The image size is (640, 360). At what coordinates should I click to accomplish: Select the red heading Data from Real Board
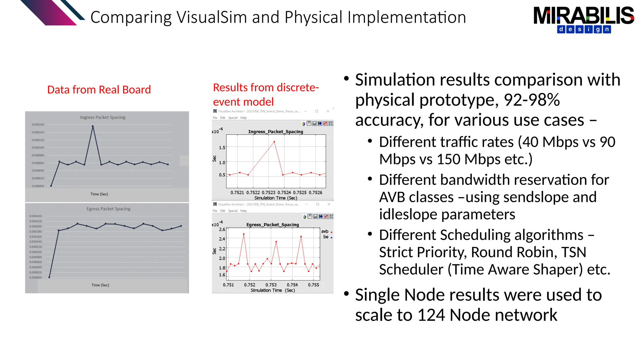[x=99, y=90]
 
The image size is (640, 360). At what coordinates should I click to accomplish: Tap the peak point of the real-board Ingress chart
[x=92, y=126]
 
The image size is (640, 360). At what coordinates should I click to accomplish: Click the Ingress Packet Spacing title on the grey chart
[x=102, y=117]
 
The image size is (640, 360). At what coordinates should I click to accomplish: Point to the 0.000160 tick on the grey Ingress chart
[x=38, y=125]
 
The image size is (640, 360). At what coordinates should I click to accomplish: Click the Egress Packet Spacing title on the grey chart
[x=108, y=209]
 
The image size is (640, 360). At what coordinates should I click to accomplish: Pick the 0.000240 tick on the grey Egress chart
[x=36, y=216]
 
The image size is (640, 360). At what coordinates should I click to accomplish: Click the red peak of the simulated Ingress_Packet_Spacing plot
[x=274, y=142]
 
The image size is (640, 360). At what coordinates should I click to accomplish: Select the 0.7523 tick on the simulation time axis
[x=268, y=192]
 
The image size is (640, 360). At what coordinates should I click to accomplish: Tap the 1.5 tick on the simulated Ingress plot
[x=222, y=147]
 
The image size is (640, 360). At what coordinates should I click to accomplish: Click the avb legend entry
[x=325, y=232]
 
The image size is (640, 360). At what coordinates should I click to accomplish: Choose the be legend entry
[x=326, y=237]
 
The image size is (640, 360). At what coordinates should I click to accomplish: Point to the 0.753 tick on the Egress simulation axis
[x=271, y=285]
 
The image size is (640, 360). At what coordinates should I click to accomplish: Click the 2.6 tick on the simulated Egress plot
[x=222, y=229]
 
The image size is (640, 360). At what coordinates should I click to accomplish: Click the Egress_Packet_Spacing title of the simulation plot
[x=272, y=225]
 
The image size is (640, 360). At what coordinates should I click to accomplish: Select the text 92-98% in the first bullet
[x=532, y=100]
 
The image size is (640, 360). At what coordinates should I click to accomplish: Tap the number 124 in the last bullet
[x=431, y=315]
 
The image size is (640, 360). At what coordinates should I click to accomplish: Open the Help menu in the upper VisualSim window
[x=243, y=118]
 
